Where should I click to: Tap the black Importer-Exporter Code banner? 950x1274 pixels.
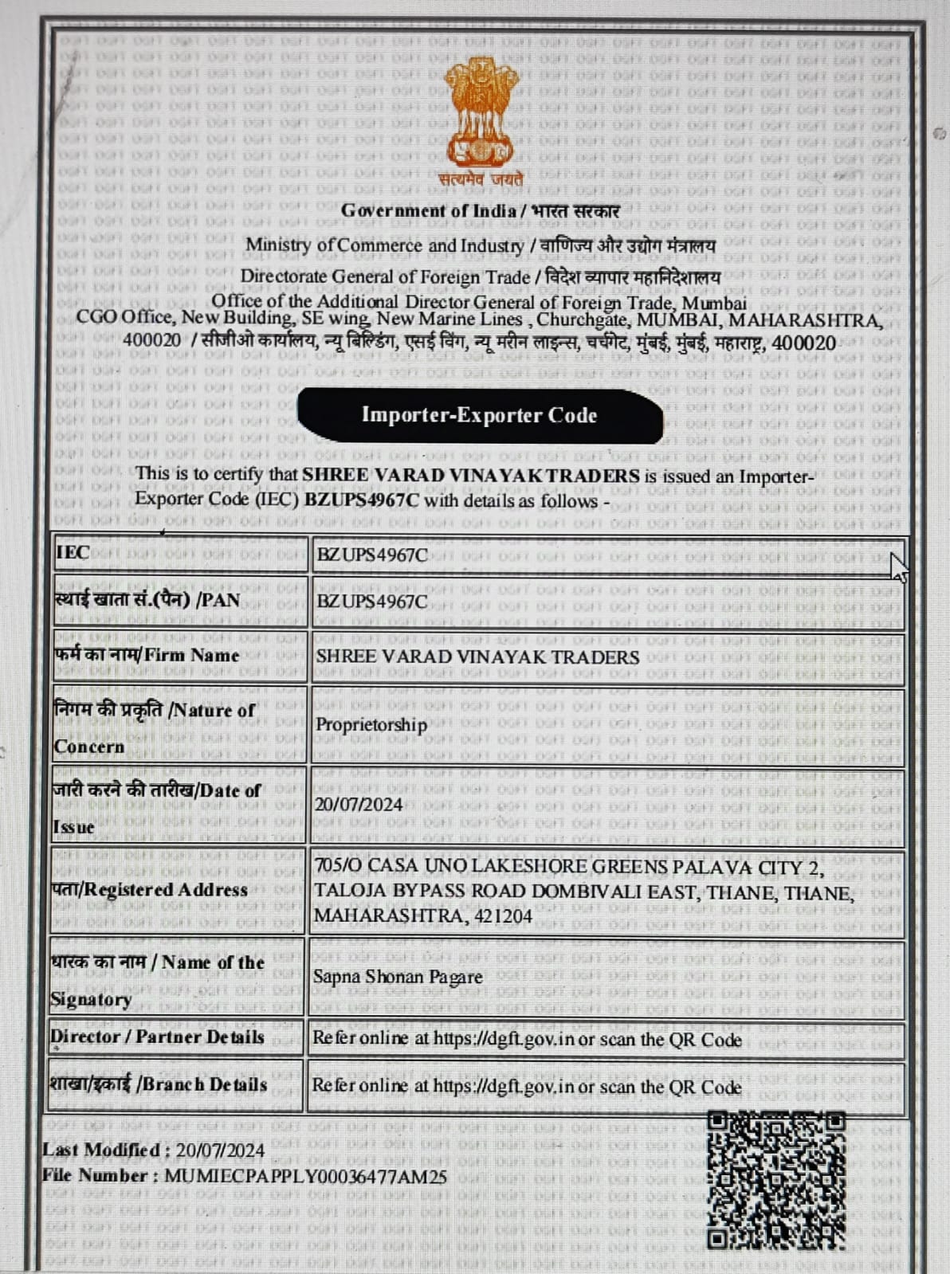[480, 415]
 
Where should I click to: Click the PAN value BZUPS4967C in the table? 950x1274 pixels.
[371, 601]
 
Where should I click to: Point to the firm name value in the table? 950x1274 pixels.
[477, 657]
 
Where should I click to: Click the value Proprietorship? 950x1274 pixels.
[371, 725]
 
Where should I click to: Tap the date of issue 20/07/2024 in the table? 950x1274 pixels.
[359, 805]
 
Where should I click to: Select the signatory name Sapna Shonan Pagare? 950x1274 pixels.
[398, 977]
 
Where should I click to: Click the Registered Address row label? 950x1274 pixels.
[150, 890]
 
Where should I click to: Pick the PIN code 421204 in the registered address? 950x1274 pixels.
[503, 916]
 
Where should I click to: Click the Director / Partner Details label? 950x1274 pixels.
[157, 1037]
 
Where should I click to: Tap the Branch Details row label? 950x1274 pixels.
[159, 1084]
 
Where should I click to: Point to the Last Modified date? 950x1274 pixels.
[220, 1151]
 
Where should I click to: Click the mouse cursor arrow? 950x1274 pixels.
[897, 566]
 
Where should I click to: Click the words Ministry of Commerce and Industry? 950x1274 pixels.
[384, 245]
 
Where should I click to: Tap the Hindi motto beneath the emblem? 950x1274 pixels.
[481, 179]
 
